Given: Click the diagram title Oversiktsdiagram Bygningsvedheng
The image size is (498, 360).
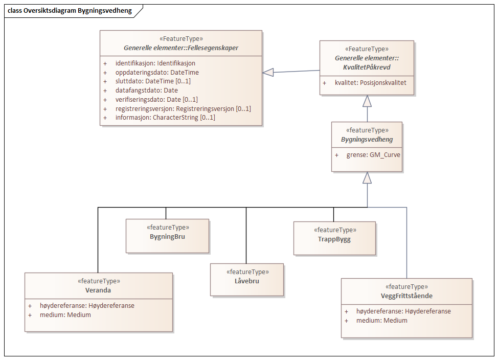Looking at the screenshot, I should click(70, 11).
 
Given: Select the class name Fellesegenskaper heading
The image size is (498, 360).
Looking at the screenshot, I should click(181, 48).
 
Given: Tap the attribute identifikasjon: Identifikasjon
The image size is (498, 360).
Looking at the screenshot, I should click(155, 63).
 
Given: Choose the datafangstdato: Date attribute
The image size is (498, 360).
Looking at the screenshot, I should click(146, 91).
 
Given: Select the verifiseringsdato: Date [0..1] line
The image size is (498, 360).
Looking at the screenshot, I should click(156, 100).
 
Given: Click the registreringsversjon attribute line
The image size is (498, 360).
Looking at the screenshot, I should click(183, 109).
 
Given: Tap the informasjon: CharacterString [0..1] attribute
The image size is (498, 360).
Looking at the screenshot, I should click(165, 118).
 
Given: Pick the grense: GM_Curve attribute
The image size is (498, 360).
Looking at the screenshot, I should click(372, 154).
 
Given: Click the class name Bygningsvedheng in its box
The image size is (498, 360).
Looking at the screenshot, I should click(367, 139).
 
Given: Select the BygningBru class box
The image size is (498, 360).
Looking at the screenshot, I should click(168, 236).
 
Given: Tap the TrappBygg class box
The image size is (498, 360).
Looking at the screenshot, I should click(334, 238).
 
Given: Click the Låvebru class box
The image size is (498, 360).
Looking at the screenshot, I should click(247, 280).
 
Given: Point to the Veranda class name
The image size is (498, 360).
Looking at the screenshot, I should click(99, 290).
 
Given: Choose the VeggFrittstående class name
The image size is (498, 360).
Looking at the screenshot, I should click(406, 296).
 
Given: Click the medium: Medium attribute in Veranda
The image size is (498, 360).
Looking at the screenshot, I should click(65, 315).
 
